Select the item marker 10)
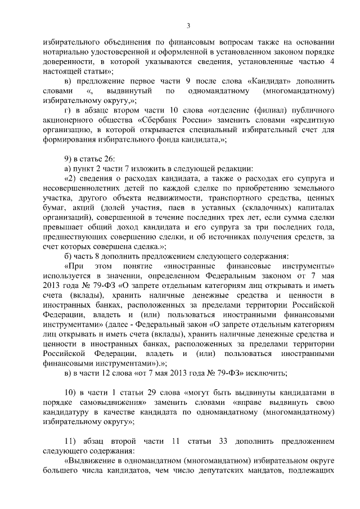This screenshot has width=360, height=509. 70,392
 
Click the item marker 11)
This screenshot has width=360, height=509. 70,441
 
